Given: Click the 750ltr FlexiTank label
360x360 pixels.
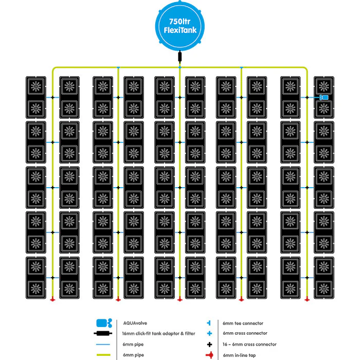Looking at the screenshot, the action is pyautogui.click(x=180, y=26).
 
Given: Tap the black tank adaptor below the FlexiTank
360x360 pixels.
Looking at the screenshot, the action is pyautogui.click(x=180, y=57).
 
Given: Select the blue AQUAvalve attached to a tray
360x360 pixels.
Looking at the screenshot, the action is pyautogui.click(x=324, y=98).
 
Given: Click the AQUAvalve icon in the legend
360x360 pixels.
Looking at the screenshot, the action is pyautogui.click(x=104, y=323).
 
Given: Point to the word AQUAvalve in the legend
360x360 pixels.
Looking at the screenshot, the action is pyautogui.click(x=135, y=323).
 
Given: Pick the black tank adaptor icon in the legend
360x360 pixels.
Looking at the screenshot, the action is pyautogui.click(x=103, y=333).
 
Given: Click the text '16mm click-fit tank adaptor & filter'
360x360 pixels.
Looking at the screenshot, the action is pyautogui.click(x=158, y=333).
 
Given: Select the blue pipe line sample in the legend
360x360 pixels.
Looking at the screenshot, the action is pyautogui.click(x=103, y=345).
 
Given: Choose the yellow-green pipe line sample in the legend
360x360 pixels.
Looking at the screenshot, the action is pyautogui.click(x=103, y=355).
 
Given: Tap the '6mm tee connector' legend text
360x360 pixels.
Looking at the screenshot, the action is pyautogui.click(x=243, y=323).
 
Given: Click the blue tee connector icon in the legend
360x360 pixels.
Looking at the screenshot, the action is pyautogui.click(x=209, y=323).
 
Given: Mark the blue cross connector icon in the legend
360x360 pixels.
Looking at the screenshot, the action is pyautogui.click(x=209, y=333).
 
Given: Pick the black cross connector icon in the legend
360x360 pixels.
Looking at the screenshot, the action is pyautogui.click(x=209, y=345).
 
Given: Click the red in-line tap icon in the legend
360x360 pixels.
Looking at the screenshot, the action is pyautogui.click(x=210, y=355).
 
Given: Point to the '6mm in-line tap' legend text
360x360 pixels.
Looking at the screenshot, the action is pyautogui.click(x=239, y=355).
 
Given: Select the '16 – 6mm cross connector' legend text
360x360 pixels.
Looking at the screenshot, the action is pyautogui.click(x=249, y=345).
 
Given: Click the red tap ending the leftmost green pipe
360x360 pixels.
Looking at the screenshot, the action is pyautogui.click(x=52, y=299).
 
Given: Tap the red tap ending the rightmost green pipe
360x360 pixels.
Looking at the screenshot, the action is pyautogui.click(x=307, y=299).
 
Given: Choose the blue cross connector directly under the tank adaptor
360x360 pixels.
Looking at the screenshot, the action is pyautogui.click(x=180, y=67).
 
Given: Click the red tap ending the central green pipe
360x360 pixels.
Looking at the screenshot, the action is pyautogui.click(x=180, y=299).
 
